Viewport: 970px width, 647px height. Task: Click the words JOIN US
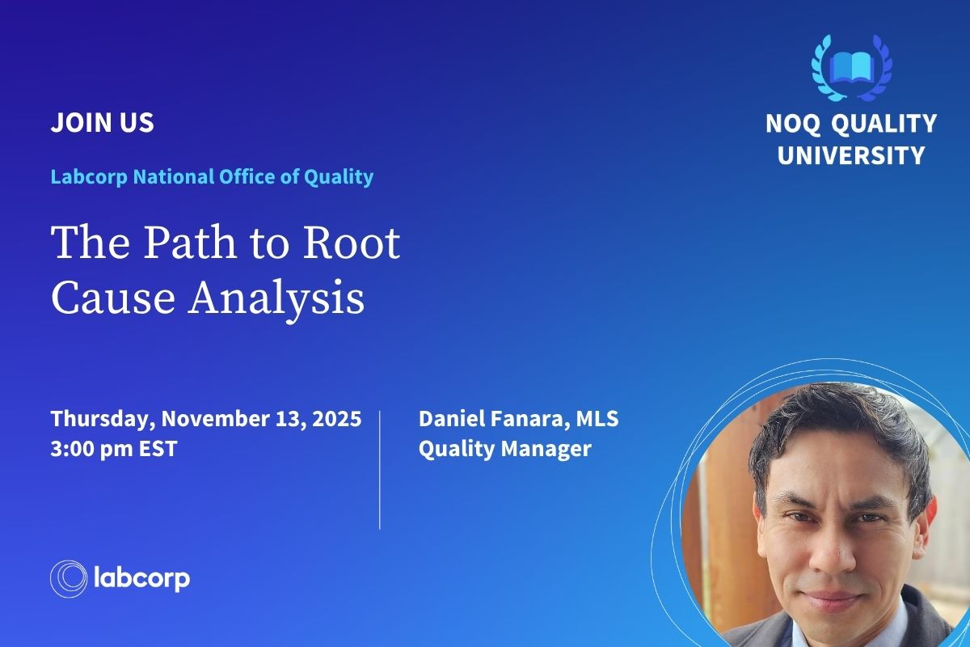102,123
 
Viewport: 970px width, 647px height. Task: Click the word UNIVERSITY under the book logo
851,154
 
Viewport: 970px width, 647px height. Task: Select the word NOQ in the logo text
791,124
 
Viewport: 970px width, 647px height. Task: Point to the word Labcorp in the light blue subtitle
89,176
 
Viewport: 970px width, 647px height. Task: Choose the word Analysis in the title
276,298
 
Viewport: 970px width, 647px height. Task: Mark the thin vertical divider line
380,470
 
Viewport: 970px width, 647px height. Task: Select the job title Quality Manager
504,448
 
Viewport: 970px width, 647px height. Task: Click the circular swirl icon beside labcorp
68,579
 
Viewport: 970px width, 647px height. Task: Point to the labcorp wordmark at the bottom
142,579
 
